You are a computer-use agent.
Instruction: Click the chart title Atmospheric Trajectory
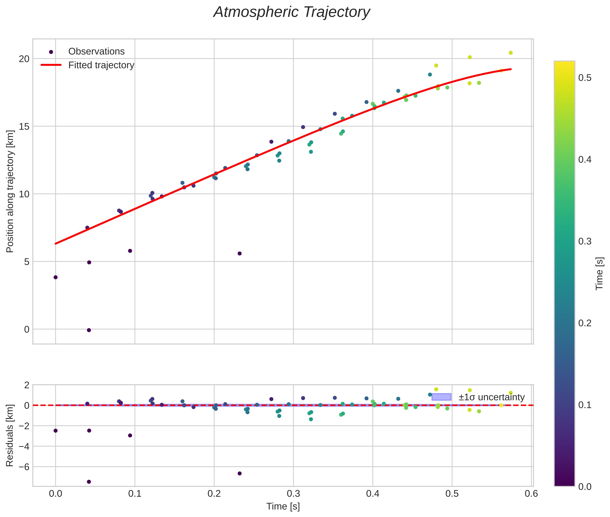291,12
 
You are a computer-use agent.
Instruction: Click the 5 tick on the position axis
27,262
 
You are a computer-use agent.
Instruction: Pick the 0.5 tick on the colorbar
584,78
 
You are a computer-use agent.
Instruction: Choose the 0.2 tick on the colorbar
584,323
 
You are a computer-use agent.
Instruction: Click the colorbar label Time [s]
599,273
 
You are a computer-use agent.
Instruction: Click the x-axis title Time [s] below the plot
283,506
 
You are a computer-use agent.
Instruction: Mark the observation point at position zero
89,330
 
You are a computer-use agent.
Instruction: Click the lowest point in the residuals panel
89,482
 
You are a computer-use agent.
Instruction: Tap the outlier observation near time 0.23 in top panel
239,253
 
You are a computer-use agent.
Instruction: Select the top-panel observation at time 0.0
55,277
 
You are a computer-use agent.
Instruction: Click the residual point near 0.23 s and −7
239,473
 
